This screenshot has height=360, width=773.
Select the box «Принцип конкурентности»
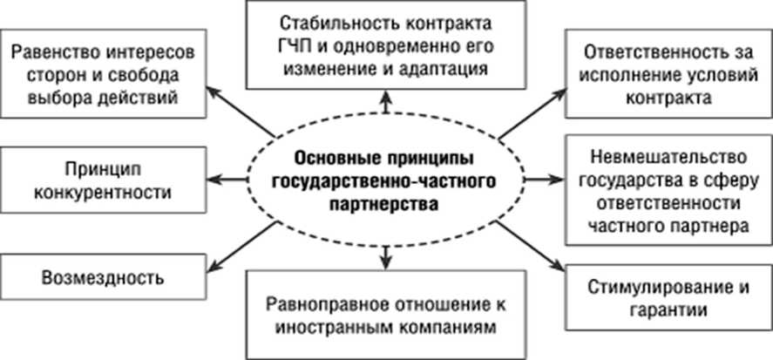click(103, 180)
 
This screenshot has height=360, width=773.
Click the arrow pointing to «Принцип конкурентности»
click(229, 180)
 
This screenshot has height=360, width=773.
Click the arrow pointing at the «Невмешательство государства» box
click(539, 180)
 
